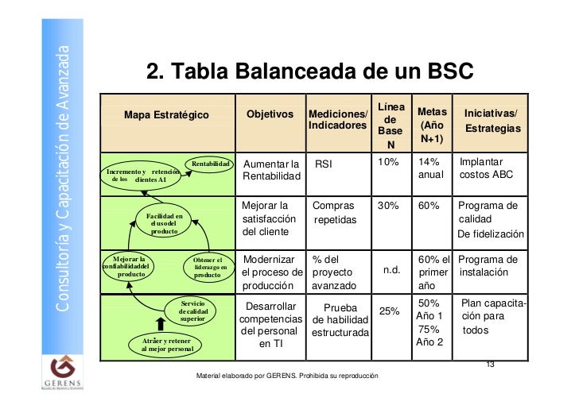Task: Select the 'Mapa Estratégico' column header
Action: click(166, 117)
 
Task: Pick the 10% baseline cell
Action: click(389, 162)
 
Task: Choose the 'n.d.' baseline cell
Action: click(391, 269)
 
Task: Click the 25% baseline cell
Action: click(389, 311)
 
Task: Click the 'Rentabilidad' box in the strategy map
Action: click(211, 164)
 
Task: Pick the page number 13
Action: click(489, 365)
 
